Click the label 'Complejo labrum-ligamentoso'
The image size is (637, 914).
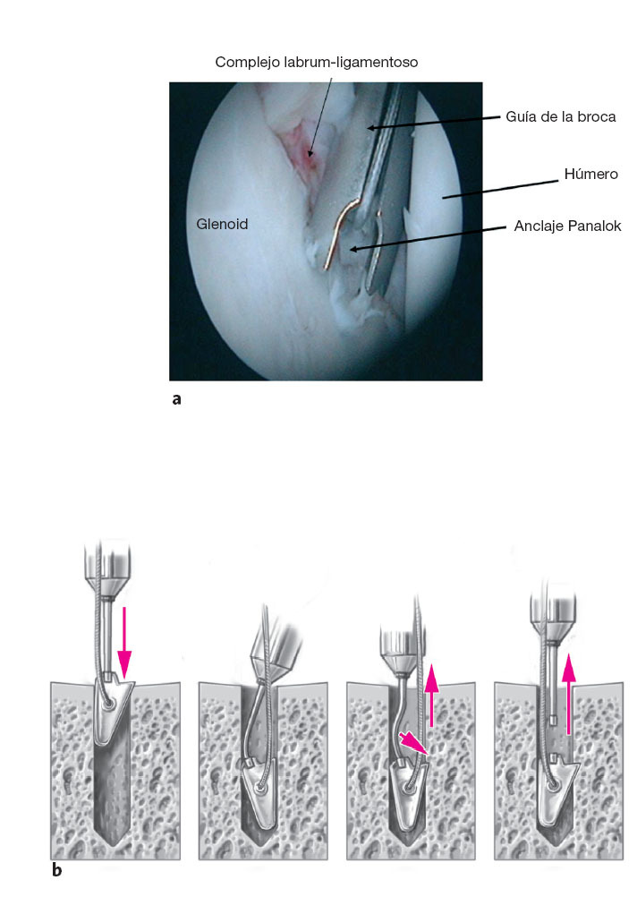click(317, 63)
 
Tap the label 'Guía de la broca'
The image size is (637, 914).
click(560, 116)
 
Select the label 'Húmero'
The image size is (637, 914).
click(590, 174)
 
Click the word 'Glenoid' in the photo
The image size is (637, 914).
click(222, 225)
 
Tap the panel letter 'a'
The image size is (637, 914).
click(176, 399)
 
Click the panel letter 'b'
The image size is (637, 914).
click(56, 868)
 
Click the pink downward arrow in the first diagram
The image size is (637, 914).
click(124, 640)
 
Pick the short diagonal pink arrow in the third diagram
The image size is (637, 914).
click(414, 744)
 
